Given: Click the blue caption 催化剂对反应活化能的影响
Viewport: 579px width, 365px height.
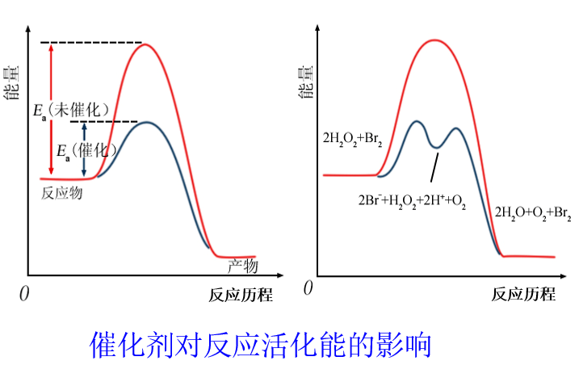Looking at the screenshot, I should point(261,343).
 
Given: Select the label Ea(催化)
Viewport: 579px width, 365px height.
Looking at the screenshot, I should point(86,149).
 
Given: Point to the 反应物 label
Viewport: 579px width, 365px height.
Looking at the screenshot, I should point(63,194).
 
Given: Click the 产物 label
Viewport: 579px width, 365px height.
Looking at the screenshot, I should point(241,266).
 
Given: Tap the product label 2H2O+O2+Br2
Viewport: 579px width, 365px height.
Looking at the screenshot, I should point(533,212).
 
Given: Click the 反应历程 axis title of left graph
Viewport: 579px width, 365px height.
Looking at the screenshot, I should point(234,295).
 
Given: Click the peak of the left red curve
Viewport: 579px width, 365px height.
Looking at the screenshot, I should point(146,44).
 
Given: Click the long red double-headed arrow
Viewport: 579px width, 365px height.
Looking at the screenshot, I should point(51,109).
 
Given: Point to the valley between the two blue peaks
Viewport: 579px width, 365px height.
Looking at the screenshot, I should point(437,146).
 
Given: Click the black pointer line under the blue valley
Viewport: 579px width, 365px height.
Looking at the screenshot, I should point(435,168).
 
